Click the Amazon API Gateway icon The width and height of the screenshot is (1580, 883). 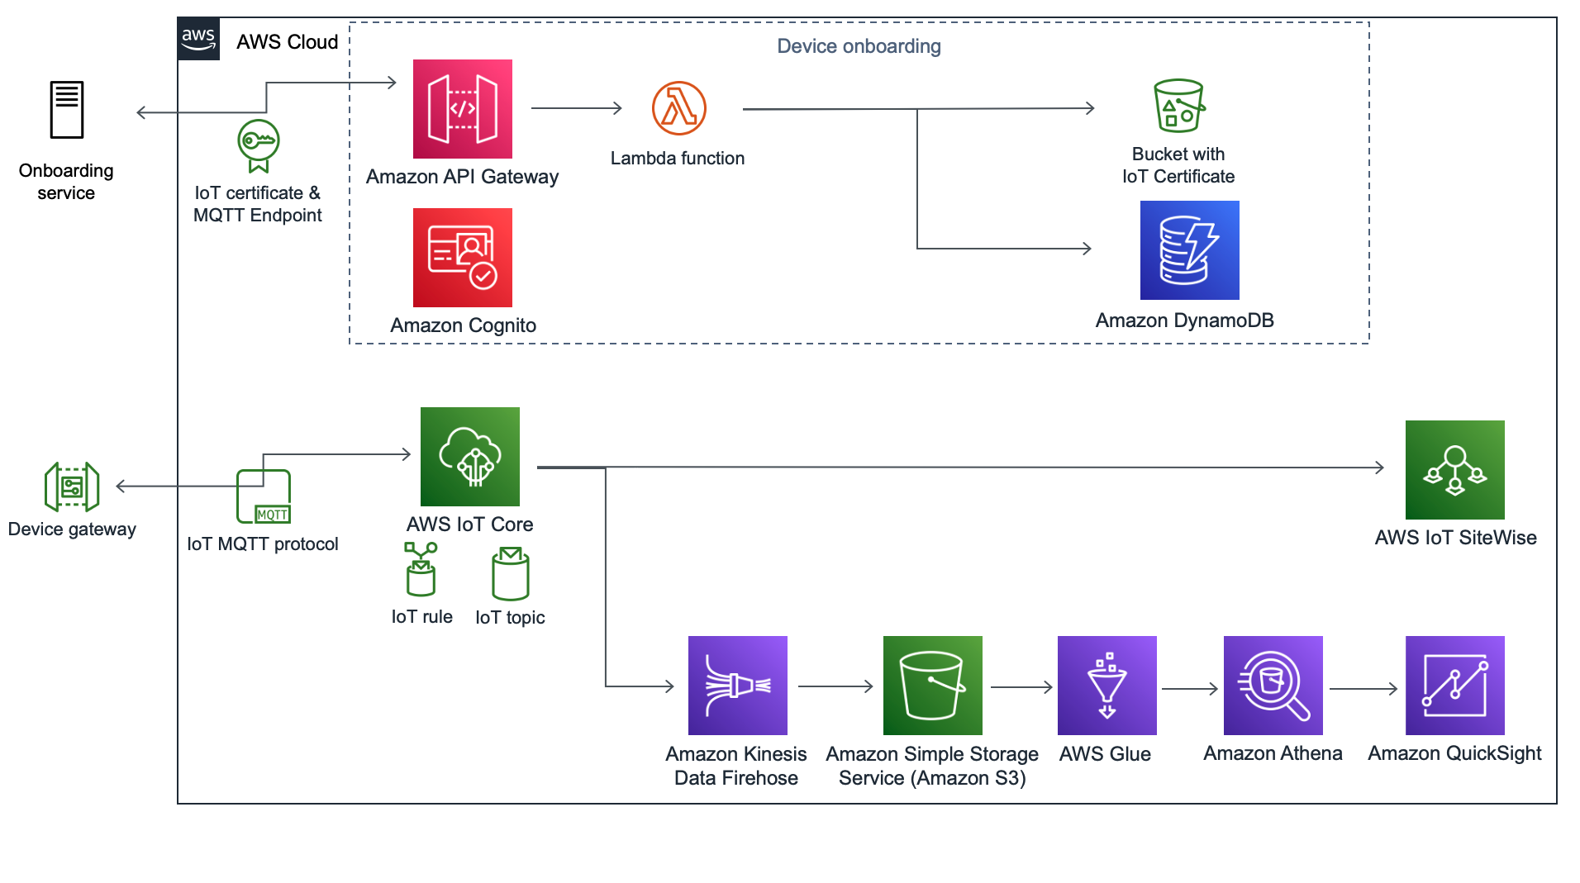(462, 108)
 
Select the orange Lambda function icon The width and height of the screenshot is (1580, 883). (678, 108)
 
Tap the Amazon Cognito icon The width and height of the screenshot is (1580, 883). (462, 257)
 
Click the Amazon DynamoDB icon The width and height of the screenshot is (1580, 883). (1189, 249)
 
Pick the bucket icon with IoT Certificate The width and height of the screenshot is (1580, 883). (1179, 106)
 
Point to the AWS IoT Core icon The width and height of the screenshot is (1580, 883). (469, 456)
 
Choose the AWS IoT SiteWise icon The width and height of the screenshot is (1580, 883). (1454, 469)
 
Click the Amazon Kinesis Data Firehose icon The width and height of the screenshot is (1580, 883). (737, 685)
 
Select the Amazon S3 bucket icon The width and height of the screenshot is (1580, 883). (932, 685)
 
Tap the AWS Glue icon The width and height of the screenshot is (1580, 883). (1106, 685)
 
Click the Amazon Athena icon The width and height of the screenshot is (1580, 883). (1273, 685)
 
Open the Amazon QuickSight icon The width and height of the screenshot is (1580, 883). (1454, 685)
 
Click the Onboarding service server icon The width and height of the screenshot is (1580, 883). (66, 109)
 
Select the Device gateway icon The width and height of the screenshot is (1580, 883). (72, 487)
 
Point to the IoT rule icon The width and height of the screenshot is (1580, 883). (421, 569)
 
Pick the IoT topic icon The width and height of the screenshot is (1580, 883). (511, 573)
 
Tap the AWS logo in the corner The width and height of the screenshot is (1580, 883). (198, 39)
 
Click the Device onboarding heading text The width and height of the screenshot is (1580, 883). (859, 46)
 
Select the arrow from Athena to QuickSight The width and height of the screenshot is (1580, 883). (1363, 688)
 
